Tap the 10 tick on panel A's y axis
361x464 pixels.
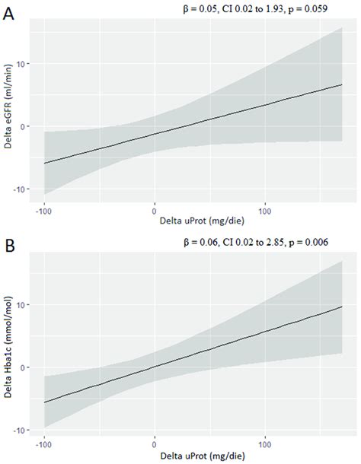24,64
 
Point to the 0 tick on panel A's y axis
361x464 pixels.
26,126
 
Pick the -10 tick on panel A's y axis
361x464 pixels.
22,189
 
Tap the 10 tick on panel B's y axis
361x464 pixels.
24,304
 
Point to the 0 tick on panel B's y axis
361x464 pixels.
26,367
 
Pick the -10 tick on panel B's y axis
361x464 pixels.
22,429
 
